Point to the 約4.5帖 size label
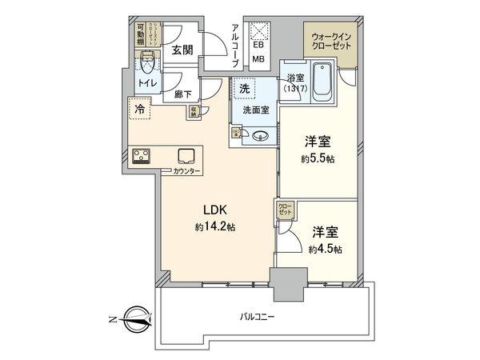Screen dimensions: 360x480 click(326, 249)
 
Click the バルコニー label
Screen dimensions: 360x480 click(258, 317)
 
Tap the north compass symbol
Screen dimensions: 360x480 click(134, 321)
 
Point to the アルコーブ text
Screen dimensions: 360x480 click(235, 45)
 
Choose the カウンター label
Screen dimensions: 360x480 click(187, 171)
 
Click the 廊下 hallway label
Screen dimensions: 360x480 click(183, 94)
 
